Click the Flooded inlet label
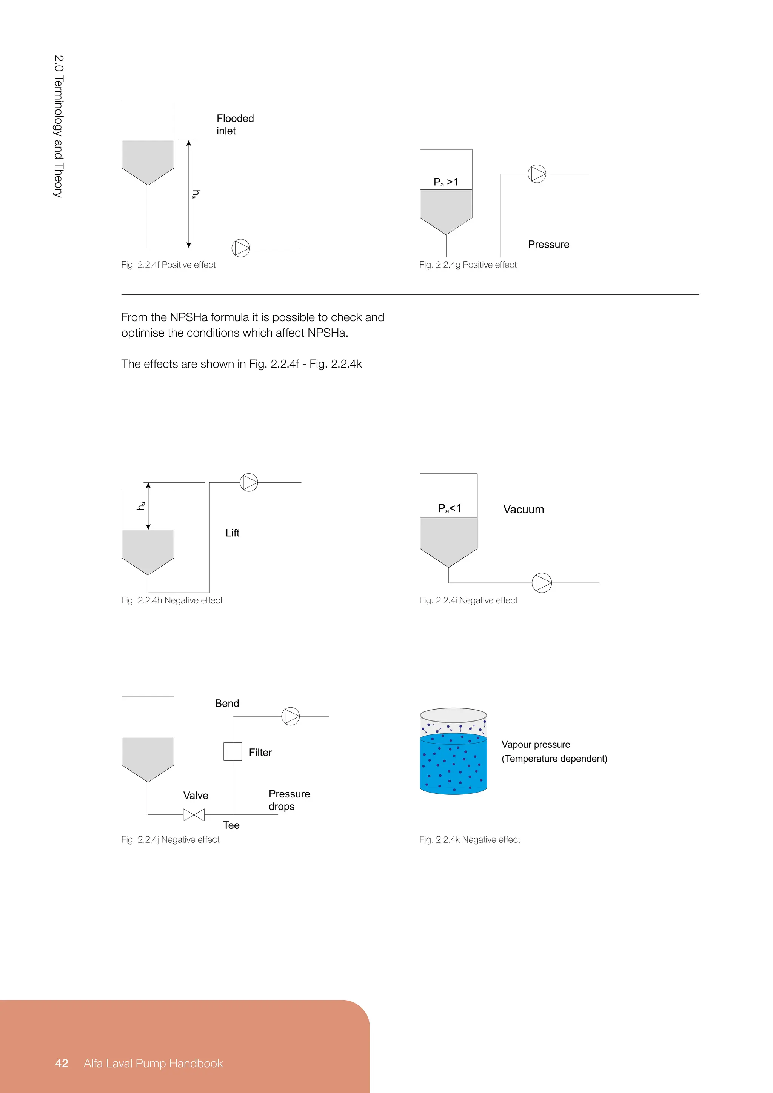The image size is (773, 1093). (x=235, y=124)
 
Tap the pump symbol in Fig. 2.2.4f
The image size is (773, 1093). (x=241, y=248)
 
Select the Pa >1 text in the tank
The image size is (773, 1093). (x=445, y=182)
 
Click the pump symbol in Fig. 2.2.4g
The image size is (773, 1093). (x=537, y=174)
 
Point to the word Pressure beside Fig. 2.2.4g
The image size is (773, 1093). (x=548, y=244)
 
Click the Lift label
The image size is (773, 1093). (x=232, y=533)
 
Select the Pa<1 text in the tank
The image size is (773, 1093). (x=449, y=508)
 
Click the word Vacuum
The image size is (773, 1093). (x=523, y=510)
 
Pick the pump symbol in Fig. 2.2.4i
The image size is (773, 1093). (x=542, y=583)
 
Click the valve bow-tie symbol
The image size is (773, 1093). (x=194, y=815)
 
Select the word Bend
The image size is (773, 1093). (x=227, y=703)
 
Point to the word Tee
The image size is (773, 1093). (x=231, y=825)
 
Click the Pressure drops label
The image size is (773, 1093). (x=288, y=800)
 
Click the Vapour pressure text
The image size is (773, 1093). (x=536, y=744)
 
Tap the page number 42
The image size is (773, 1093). (x=62, y=1063)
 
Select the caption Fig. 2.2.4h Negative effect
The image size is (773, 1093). (x=172, y=600)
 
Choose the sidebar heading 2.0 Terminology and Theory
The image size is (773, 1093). (x=58, y=126)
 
